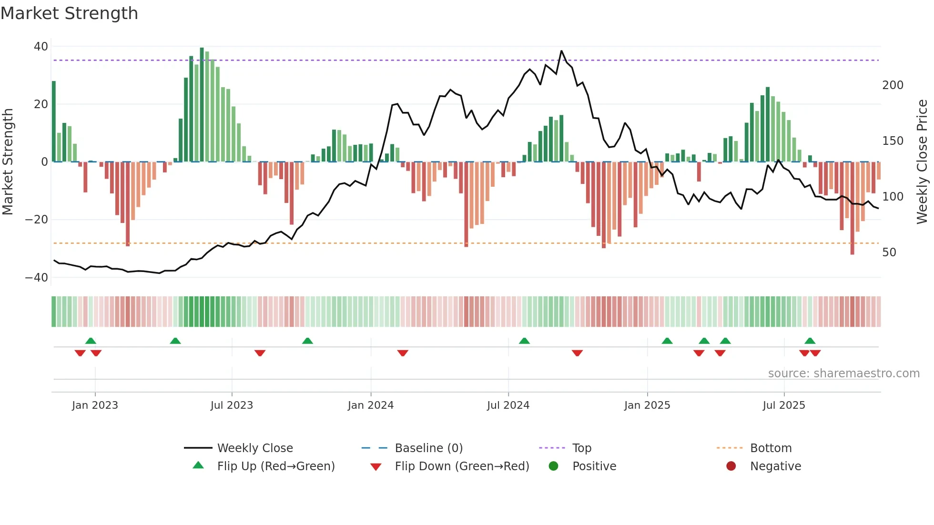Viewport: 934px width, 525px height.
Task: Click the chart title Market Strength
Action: pos(69,13)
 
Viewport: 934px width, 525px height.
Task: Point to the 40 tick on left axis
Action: pos(41,47)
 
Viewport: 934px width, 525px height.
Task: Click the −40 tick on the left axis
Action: pos(37,278)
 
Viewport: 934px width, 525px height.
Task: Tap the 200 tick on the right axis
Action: pos(893,85)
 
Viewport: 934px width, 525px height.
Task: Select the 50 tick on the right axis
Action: pos(889,252)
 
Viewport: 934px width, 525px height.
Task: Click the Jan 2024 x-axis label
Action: pos(370,405)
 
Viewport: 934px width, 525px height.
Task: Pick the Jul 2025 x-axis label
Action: pos(783,405)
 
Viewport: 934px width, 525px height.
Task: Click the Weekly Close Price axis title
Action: pos(922,162)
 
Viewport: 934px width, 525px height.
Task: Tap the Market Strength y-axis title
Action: pos(8,162)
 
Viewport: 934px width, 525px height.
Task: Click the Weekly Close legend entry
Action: pos(254,448)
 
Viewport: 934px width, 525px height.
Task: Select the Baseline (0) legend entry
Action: pos(428,448)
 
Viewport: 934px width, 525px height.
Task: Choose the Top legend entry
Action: pos(581,448)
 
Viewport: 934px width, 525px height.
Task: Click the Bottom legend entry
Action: pos(771,448)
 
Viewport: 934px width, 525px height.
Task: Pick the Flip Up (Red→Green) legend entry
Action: pos(275,466)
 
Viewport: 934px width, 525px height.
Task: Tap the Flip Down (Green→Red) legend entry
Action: pos(461,466)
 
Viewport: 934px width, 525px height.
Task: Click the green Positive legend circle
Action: pos(553,466)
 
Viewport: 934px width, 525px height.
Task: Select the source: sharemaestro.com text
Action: pos(843,374)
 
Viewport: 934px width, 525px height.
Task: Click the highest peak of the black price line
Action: pos(561,51)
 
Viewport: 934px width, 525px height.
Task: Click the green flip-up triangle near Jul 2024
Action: pos(524,341)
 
